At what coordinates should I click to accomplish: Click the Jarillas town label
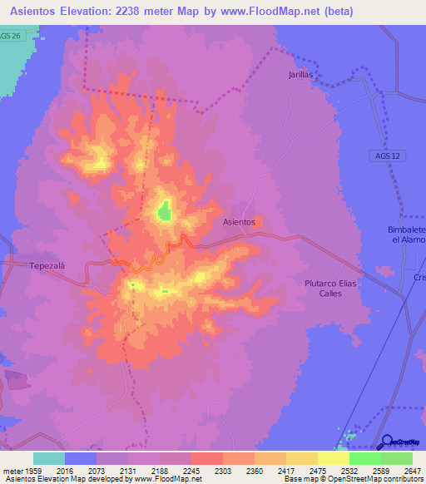coord(300,74)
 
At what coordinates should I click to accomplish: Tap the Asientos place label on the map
coord(239,222)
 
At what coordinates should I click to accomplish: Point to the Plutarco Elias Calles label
coord(329,288)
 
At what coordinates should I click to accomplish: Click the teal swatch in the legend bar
coord(49,457)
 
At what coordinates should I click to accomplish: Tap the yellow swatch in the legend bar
coord(334,457)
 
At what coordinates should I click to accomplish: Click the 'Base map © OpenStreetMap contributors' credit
coord(353,479)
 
